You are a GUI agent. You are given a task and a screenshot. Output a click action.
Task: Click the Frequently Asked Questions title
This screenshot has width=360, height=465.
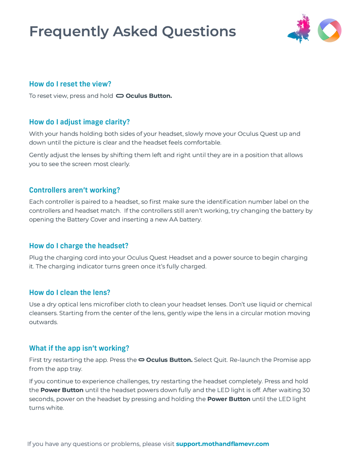pyautogui.click(x=132, y=31)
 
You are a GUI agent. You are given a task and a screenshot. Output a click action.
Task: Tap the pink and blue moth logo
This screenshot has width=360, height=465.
pyautogui.click(x=299, y=29)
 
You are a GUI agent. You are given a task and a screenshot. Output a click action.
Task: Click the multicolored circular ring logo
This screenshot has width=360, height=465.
pyautogui.click(x=329, y=30)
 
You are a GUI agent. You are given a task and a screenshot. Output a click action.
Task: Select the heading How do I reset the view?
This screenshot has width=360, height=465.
pyautogui.click(x=70, y=84)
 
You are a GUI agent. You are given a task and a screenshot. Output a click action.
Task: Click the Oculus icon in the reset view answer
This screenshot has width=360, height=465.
pyautogui.click(x=120, y=96)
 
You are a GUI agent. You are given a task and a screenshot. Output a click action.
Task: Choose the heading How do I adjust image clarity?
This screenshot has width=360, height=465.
pyautogui.click(x=79, y=122)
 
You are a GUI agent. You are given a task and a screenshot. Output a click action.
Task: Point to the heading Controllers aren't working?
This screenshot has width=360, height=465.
pyautogui.click(x=74, y=190)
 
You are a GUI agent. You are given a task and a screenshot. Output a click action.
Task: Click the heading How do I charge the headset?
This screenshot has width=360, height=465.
pyautogui.click(x=78, y=245)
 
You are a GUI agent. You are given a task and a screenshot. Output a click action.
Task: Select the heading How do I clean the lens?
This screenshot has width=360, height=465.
pyautogui.click(x=69, y=292)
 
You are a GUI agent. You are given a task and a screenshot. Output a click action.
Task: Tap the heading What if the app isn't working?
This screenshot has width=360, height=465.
pyautogui.click(x=79, y=348)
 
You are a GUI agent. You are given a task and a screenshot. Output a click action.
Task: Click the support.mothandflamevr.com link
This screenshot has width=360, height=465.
pyautogui.click(x=222, y=444)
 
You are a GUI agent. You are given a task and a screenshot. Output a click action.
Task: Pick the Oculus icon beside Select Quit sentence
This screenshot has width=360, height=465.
pyautogui.click(x=141, y=360)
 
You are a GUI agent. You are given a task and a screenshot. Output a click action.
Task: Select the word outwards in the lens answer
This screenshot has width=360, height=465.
pyautogui.click(x=43, y=322)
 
